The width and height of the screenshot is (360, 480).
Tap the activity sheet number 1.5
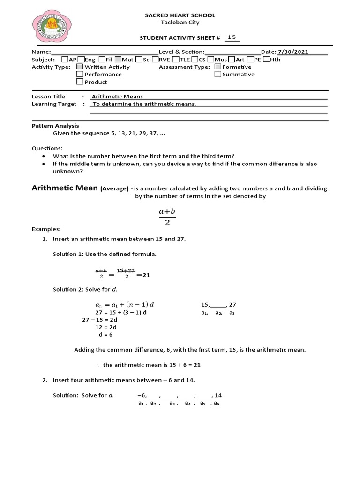pos(232,37)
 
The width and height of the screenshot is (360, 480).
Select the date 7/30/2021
pos(293,52)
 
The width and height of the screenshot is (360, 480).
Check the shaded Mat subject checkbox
pos(118,60)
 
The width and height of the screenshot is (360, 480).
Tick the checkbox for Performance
pos(80,74)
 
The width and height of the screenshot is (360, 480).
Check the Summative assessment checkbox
pos(218,74)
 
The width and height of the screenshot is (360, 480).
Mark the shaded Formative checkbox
pos(218,67)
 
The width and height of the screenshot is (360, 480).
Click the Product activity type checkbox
pos(80,82)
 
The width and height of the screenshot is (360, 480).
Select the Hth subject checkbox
pos(266,60)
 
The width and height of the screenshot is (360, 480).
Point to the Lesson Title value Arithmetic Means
pos(117,97)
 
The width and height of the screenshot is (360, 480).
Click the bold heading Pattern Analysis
pos(55,126)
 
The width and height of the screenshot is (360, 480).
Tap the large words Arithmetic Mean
pos(64,188)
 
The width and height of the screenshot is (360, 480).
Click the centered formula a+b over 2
pos(167,217)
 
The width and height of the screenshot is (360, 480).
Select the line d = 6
pos(105,335)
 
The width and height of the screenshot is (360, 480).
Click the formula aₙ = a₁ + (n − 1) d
pos(124,304)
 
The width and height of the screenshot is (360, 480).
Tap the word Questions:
pos(47,148)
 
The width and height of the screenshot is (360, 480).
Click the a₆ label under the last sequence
pos(216,403)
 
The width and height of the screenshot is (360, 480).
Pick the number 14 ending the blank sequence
pos(218,395)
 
